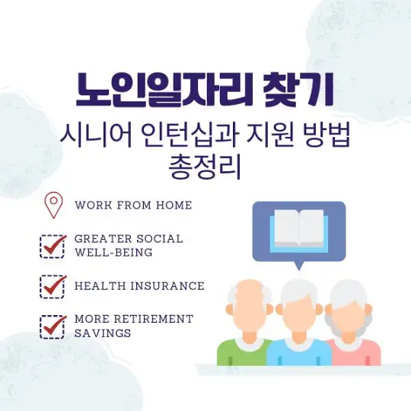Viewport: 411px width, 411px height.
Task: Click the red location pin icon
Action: [53, 204]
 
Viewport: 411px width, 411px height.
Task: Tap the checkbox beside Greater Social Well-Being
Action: [53, 245]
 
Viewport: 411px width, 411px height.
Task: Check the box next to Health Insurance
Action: [53, 286]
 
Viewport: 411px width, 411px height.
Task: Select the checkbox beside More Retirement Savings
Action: [53, 326]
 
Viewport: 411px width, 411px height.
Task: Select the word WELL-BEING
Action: [113, 252]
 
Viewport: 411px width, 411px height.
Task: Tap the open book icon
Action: [299, 228]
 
